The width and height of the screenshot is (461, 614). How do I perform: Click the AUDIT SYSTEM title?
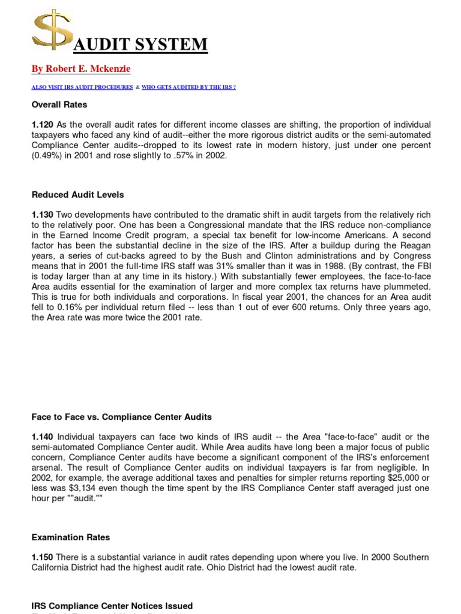click(142, 44)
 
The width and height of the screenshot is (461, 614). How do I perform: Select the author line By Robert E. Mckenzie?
click(80, 69)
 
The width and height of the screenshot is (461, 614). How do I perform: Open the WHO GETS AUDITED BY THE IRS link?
click(188, 87)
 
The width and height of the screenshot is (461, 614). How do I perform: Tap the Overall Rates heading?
click(59, 104)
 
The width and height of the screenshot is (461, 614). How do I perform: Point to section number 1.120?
click(42, 124)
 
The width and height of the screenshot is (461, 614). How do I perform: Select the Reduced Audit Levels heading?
click(77, 194)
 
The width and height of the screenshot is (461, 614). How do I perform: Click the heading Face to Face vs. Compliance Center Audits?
click(121, 417)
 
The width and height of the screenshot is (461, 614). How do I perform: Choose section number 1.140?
click(42, 437)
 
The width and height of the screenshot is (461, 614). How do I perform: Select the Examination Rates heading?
click(70, 537)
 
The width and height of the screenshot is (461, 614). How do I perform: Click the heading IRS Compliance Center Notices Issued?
click(112, 606)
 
